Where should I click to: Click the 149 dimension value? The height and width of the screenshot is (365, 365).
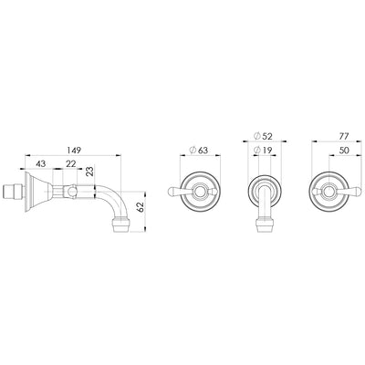(75, 151)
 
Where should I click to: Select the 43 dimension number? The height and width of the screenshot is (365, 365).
(41, 163)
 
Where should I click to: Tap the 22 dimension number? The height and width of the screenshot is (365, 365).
(70, 163)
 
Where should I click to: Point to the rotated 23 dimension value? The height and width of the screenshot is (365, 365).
(89, 172)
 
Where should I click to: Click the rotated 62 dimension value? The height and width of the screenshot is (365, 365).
(141, 207)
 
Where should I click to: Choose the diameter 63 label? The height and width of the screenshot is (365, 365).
(198, 150)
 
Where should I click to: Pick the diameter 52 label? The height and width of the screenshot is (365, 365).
(263, 136)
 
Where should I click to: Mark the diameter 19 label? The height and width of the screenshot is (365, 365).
(263, 150)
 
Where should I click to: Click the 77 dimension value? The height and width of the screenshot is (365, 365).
(344, 136)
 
